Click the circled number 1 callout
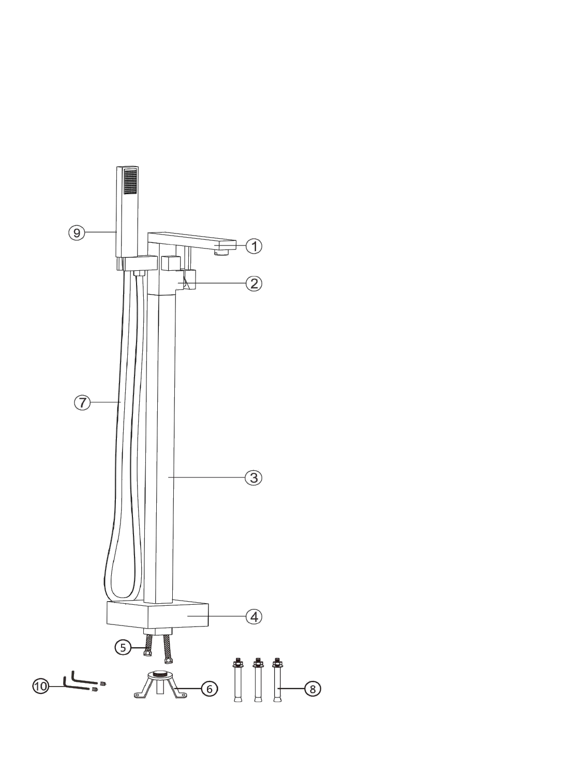[x=254, y=246]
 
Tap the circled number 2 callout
[x=254, y=284]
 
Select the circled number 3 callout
[x=253, y=477]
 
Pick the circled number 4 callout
[x=254, y=617]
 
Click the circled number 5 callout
[x=123, y=647]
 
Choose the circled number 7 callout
[x=82, y=402]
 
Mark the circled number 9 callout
[x=77, y=233]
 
